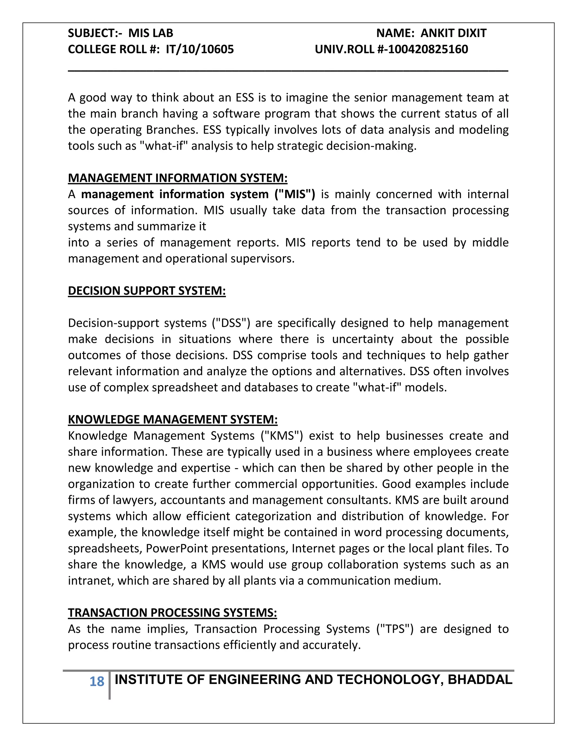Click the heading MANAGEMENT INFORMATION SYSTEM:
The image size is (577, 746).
(x=177, y=178)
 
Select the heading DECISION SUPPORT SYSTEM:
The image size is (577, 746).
(x=147, y=291)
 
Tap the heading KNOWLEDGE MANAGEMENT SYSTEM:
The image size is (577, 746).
(x=173, y=419)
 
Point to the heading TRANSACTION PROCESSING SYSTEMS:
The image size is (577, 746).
(x=172, y=613)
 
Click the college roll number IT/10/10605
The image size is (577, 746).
(x=200, y=49)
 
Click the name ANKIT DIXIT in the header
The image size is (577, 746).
(x=453, y=33)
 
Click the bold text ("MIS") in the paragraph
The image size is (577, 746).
(x=295, y=194)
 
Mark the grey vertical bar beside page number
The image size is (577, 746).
(x=109, y=685)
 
